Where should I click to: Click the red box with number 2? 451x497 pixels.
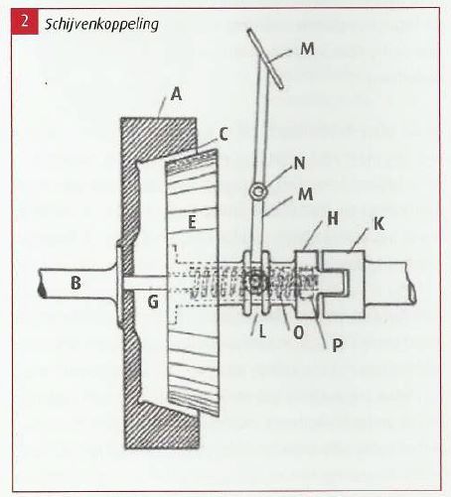pos(24,22)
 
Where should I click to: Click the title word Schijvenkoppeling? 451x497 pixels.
pos(102,25)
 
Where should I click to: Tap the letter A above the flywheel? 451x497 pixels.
pos(177,94)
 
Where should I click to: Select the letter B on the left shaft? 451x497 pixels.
pos(76,284)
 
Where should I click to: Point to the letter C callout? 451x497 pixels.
pos(224,135)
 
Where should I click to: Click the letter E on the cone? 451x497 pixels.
pos(192,222)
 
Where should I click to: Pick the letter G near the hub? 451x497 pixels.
pos(153,302)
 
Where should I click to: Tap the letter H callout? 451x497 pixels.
pos(333,219)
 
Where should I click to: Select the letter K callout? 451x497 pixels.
pos(379,224)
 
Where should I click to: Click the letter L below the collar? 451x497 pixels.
pos(262,332)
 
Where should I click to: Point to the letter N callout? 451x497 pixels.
pos(299,164)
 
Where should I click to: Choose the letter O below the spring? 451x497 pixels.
pos(298,333)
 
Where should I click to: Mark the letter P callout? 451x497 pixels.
pos(337,345)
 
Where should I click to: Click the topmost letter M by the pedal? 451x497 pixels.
pos(307,50)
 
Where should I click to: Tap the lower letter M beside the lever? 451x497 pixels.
pos(305,194)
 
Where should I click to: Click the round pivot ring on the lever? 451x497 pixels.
pos(257,191)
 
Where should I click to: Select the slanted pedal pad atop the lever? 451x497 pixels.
pos(265,59)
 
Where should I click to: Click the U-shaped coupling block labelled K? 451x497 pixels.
pos(344,284)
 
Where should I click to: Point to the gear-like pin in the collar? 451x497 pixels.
pos(254,282)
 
